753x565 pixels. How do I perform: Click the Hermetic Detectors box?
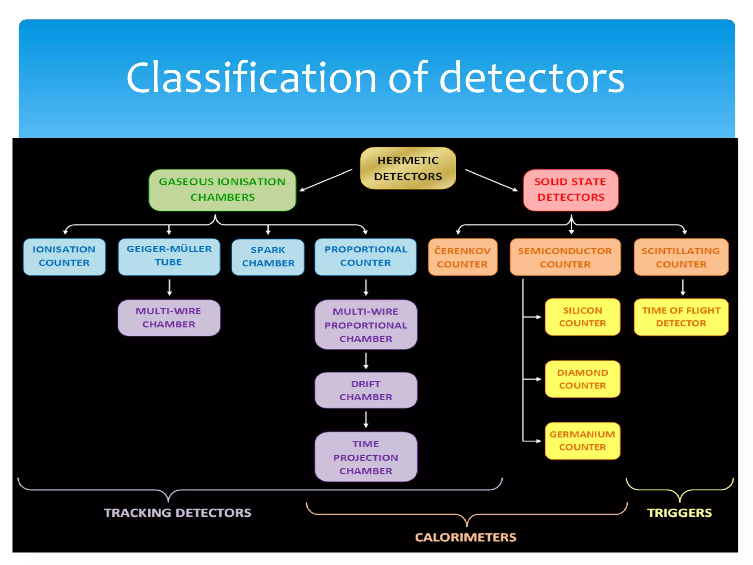[x=408, y=168]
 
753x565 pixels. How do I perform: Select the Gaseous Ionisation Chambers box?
[x=222, y=190]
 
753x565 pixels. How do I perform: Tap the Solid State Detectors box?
[x=571, y=190]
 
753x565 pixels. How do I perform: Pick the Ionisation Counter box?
[x=64, y=256]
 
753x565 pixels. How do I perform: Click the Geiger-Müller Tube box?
[x=169, y=256]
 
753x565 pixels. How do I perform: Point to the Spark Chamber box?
[x=268, y=257]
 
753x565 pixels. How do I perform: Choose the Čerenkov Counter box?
[x=463, y=257]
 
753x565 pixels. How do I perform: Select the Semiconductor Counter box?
[x=565, y=257]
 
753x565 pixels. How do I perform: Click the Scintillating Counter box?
[x=681, y=257]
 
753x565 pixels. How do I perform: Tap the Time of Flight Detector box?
[x=681, y=317]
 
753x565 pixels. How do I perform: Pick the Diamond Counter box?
[x=582, y=379]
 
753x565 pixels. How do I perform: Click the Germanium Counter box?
[x=582, y=441]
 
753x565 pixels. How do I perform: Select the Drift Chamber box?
[x=366, y=390]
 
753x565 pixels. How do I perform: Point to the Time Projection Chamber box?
[x=366, y=457]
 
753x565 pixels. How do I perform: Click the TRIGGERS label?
[x=679, y=512]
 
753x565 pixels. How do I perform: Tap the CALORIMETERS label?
[x=465, y=537]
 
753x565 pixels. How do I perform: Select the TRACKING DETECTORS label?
[x=177, y=512]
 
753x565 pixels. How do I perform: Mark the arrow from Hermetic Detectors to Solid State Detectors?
[x=491, y=180]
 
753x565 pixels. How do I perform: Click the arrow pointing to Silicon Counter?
[x=532, y=317]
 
